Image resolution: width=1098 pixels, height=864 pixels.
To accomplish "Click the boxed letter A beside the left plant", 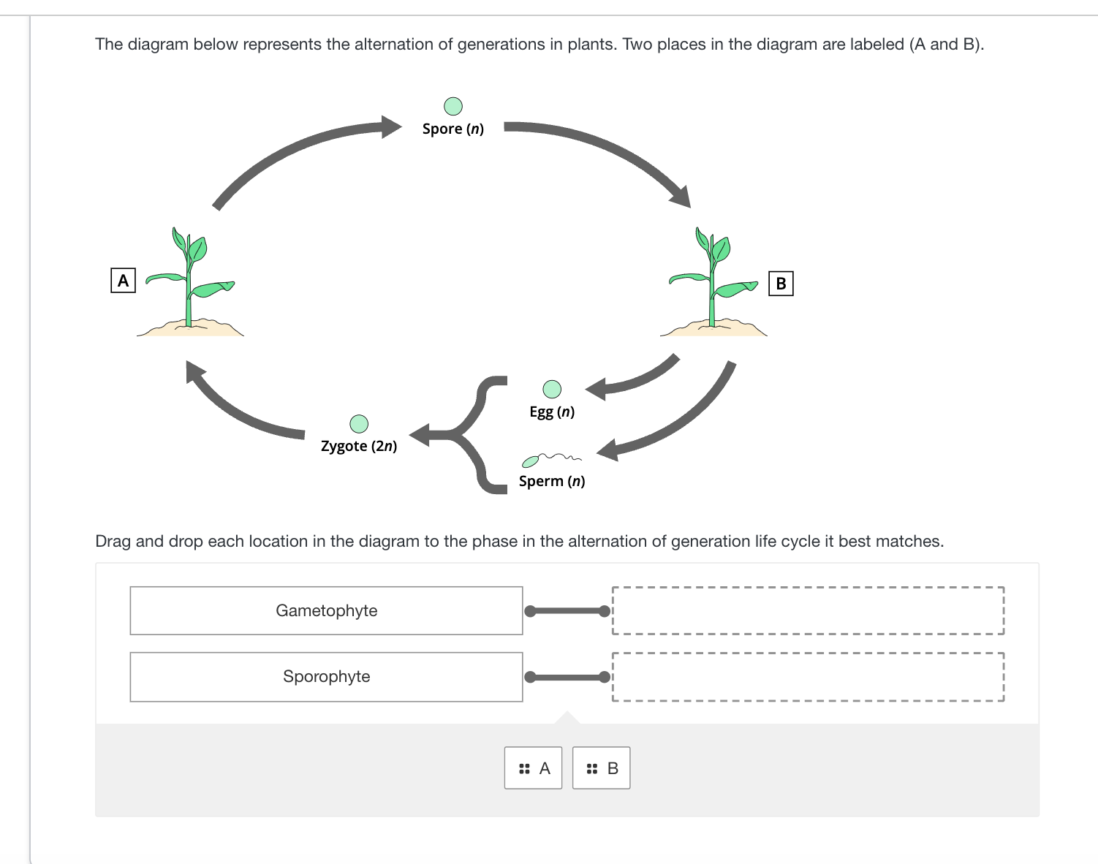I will (123, 280).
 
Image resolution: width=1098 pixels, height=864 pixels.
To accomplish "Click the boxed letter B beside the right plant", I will (781, 283).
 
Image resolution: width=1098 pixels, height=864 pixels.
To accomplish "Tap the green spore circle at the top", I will (453, 107).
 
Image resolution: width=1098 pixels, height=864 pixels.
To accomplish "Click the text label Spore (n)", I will (453, 129).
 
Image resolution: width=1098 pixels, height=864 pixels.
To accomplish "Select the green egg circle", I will (552, 389).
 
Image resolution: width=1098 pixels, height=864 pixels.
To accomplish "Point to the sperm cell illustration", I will (550, 459).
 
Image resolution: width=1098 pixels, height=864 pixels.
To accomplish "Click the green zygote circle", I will (359, 424).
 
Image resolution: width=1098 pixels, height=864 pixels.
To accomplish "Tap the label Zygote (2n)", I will (359, 446).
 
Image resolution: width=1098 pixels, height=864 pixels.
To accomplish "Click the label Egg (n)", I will (552, 412).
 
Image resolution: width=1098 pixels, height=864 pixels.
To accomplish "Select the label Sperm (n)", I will (552, 481).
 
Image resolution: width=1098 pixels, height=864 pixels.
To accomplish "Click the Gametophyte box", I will (326, 610).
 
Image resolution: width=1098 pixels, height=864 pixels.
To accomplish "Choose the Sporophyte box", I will (326, 676).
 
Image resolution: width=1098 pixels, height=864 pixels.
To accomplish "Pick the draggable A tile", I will (533, 768).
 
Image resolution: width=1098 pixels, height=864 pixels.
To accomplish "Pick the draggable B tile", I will (601, 768).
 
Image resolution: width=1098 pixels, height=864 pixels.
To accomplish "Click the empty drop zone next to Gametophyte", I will (808, 610).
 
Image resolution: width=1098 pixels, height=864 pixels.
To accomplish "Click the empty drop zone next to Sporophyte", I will (808, 676).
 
